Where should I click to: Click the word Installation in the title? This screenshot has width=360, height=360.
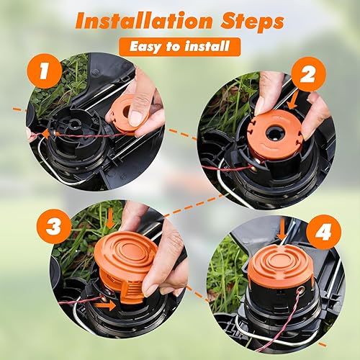click(144, 21)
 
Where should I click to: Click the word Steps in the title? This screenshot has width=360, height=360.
click(253, 22)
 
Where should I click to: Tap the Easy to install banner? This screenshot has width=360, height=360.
click(179, 47)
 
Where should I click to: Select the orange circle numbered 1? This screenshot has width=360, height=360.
click(45, 71)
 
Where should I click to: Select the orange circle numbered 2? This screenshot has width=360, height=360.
click(308, 74)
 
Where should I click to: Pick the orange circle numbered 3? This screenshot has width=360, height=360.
click(54, 226)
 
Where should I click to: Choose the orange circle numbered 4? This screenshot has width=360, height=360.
click(323, 232)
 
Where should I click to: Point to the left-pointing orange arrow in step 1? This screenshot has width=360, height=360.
click(48, 135)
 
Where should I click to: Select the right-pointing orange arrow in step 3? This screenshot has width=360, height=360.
click(105, 305)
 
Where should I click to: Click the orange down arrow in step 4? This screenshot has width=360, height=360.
click(282, 229)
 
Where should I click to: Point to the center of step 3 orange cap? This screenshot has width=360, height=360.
click(127, 253)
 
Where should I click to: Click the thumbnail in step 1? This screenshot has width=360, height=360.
click(137, 117)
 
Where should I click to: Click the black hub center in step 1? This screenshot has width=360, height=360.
click(73, 125)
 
